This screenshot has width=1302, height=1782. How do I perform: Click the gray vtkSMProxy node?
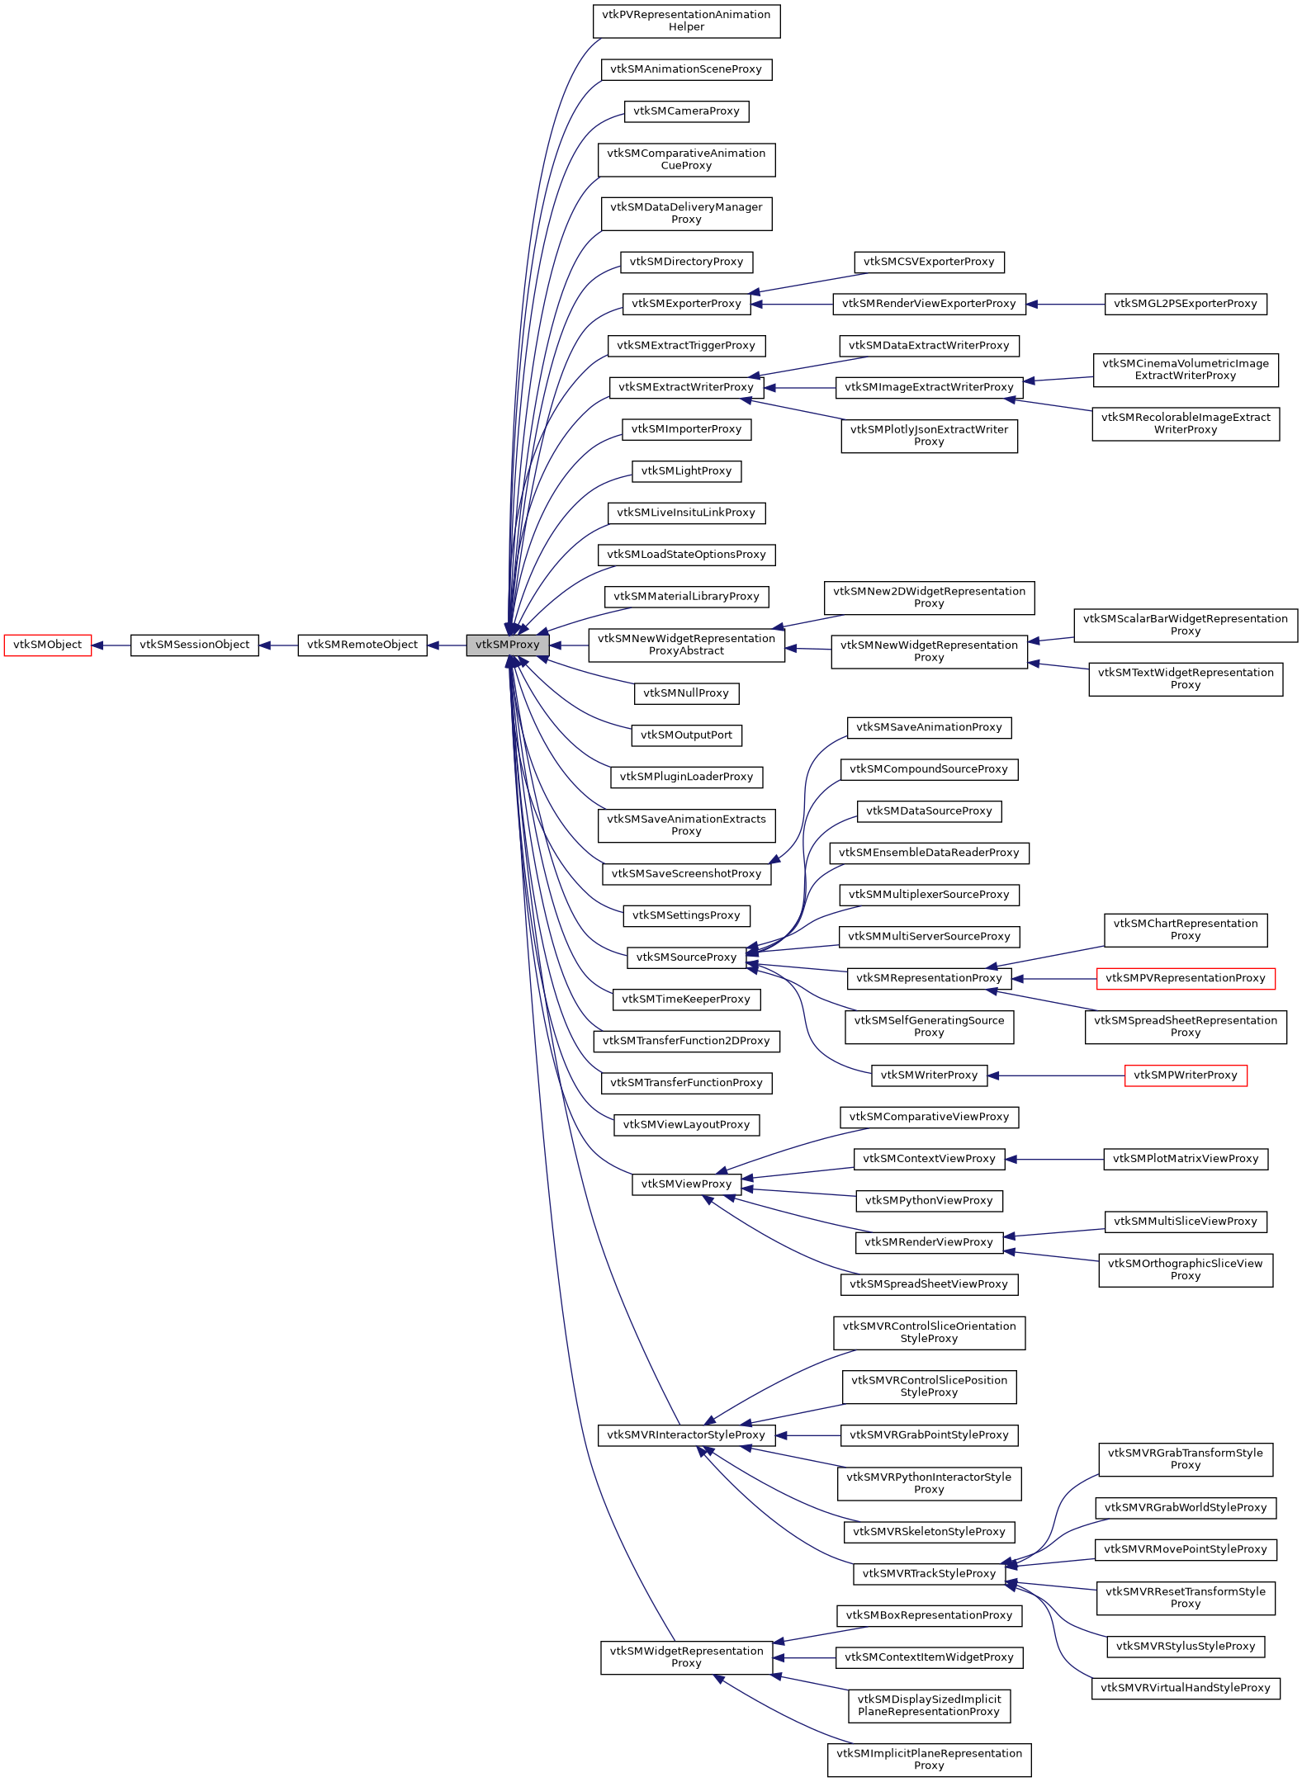coord(507,645)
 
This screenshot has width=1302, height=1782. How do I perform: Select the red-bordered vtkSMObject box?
coord(47,645)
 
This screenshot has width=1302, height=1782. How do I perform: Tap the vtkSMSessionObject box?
coord(194,645)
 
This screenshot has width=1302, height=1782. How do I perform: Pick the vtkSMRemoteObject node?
coord(362,645)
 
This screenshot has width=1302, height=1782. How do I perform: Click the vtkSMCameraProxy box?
coord(686,111)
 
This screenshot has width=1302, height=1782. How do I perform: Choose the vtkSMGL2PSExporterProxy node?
coord(1185,304)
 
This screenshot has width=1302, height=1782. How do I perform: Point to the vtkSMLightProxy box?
coord(686,471)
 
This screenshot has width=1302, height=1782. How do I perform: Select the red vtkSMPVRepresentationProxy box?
coord(1185,978)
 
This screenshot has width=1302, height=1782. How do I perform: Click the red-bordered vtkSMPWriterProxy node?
coord(1185,1075)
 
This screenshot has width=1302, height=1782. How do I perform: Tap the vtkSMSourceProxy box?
coord(686,957)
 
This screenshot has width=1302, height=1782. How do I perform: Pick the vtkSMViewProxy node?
coord(686,1184)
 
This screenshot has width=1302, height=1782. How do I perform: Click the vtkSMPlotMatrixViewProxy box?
coord(1185,1159)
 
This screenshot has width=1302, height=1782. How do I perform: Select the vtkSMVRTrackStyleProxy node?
coord(929,1573)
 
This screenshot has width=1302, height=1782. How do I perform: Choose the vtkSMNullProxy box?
coord(686,693)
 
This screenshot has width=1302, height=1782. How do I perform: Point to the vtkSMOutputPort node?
coord(686,735)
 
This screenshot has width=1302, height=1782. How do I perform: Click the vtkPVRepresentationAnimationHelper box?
coord(686,21)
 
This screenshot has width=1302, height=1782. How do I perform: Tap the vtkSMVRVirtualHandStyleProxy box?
coord(1185,1688)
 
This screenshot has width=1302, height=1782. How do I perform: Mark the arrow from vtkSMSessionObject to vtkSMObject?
coord(111,645)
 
